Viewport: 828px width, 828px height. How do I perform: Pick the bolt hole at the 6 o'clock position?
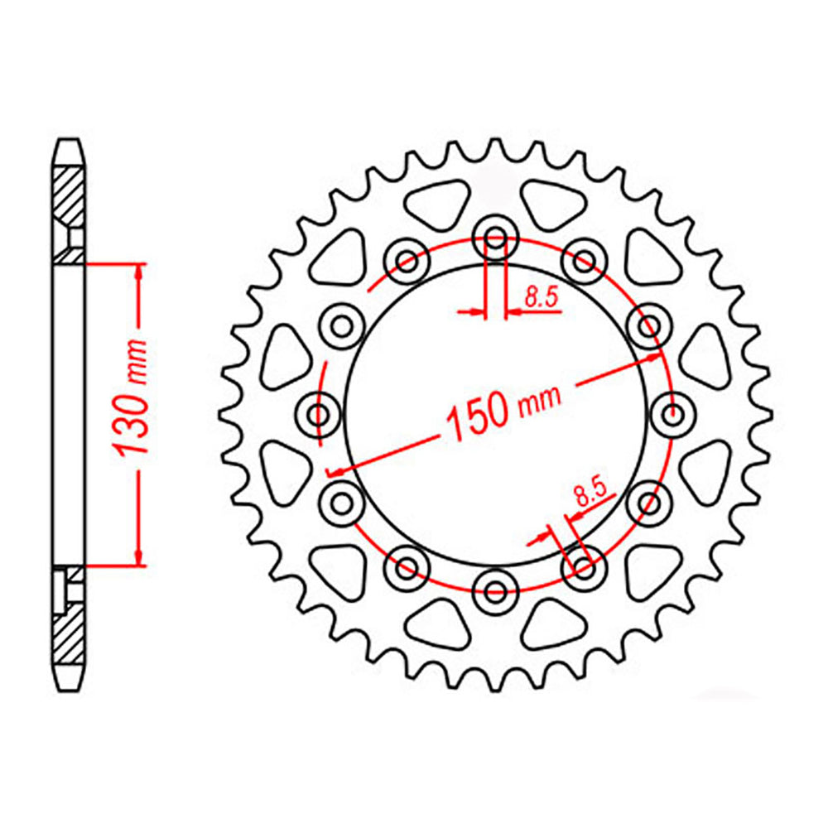click(495, 590)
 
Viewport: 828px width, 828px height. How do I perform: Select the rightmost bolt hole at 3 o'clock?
click(671, 413)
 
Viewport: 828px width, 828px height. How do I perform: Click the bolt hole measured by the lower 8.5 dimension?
click(583, 567)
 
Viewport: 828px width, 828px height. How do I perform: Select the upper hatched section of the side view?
click(70, 195)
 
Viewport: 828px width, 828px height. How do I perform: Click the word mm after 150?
click(540, 400)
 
